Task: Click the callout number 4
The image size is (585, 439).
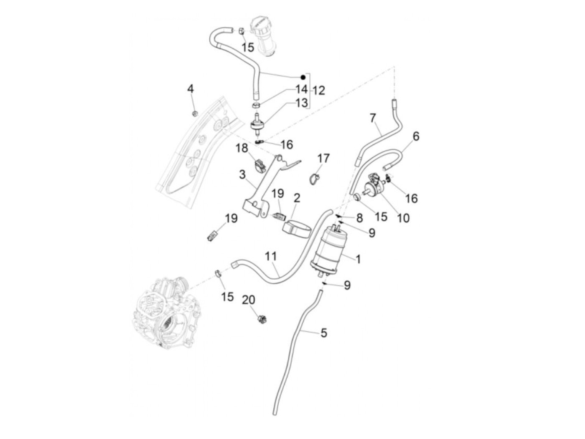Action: pos(191,89)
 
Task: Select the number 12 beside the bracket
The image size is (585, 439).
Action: pos(318,91)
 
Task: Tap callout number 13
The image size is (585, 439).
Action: pos(302,103)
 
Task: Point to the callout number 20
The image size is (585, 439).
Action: pos(249,300)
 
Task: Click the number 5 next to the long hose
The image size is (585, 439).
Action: pos(324,333)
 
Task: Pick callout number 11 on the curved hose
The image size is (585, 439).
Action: pos(271,256)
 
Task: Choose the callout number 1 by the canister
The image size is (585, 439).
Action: pos(358,259)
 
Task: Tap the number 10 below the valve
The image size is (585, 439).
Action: pos(404,218)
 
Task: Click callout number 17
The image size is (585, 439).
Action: pos(323,159)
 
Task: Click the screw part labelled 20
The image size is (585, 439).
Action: pos(263,320)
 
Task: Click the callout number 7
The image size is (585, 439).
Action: pos(373,118)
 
